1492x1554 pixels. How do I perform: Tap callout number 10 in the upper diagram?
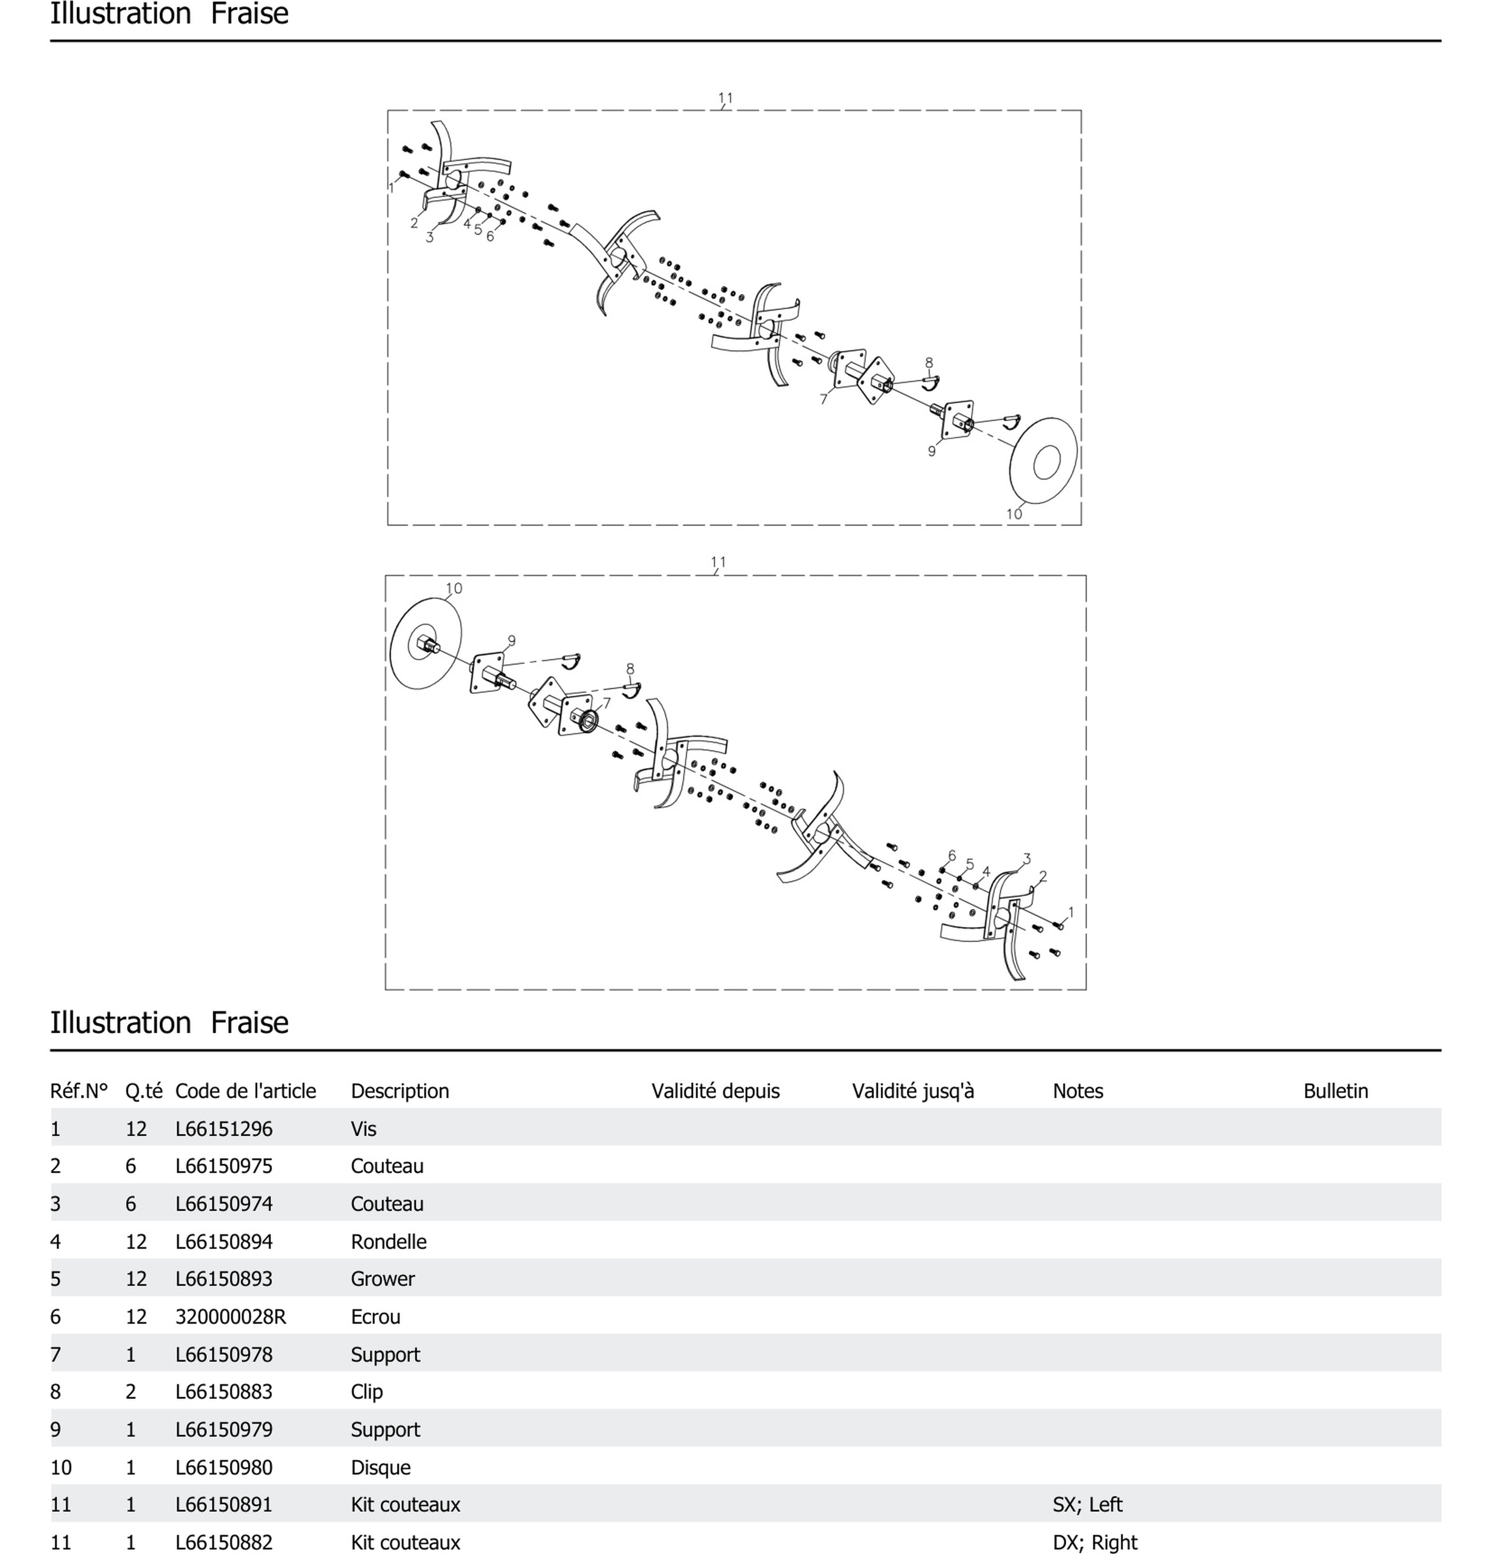pyautogui.click(x=1014, y=514)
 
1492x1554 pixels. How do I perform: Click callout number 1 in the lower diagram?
pyautogui.click(x=1071, y=912)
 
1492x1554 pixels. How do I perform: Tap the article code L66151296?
pyautogui.click(x=223, y=1128)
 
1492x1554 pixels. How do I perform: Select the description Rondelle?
pyautogui.click(x=388, y=1242)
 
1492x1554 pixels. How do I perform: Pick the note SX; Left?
pyautogui.click(x=1087, y=1504)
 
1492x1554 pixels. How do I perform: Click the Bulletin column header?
pyautogui.click(x=1335, y=1091)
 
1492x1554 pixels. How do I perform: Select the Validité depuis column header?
pyautogui.click(x=715, y=1091)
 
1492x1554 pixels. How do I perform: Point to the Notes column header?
pyautogui.click(x=1078, y=1091)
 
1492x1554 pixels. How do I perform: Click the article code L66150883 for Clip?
pyautogui.click(x=223, y=1391)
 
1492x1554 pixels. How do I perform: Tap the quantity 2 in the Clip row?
pyautogui.click(x=131, y=1391)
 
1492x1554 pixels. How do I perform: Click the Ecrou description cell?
pyautogui.click(x=375, y=1316)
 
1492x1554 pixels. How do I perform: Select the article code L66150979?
pyautogui.click(x=223, y=1429)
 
